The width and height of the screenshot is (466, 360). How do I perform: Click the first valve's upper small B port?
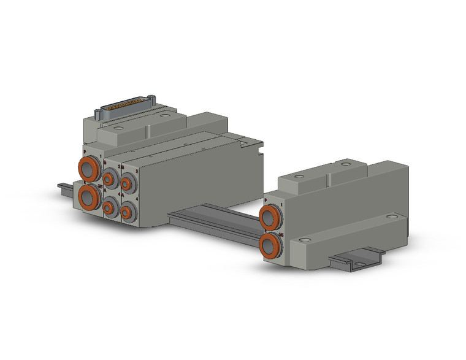pyautogui.click(x=109, y=178)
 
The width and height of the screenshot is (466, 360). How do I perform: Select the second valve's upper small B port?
pyautogui.click(x=127, y=182)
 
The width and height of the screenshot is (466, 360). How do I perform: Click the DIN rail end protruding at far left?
pyautogui.click(x=64, y=185)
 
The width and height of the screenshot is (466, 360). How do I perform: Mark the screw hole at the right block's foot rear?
pyautogui.click(x=390, y=216)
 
